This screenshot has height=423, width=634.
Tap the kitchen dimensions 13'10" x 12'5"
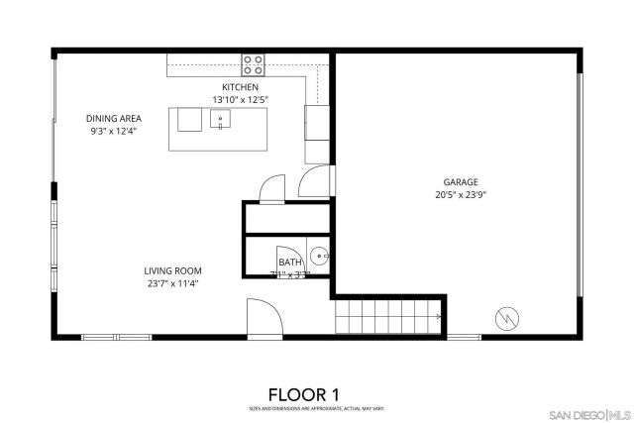(241, 100)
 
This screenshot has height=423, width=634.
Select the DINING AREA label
(113, 118)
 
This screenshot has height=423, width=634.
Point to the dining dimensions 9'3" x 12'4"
(113, 131)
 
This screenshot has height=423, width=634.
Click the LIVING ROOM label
(172, 270)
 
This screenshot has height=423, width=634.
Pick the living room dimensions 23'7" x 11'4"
(172, 283)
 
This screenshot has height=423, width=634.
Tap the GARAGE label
(461, 182)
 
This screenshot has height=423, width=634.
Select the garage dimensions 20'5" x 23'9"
(461, 195)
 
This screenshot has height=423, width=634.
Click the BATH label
(289, 262)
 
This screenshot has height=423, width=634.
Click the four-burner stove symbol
(254, 65)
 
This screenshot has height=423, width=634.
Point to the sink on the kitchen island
(221, 120)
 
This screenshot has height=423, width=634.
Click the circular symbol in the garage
(506, 318)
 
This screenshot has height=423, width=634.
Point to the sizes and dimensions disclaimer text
(317, 408)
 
